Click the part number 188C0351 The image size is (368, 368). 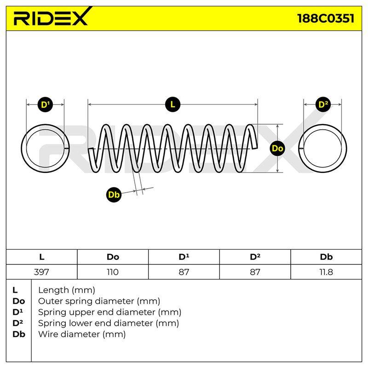326,18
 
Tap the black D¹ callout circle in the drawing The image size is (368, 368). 45,104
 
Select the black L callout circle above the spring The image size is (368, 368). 173,104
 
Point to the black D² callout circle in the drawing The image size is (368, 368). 323,104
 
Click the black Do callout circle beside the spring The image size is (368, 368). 277,148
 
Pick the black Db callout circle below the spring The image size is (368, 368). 114,195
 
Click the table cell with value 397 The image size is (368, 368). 42,272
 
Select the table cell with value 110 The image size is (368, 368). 113,272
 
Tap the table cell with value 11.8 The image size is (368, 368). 326,272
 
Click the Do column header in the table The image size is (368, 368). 113,257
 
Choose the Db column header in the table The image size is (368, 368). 326,257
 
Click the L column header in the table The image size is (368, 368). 42,257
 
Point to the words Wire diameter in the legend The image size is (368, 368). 69,334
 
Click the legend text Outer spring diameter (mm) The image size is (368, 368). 99,301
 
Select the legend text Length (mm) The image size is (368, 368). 67,290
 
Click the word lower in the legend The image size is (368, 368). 101,323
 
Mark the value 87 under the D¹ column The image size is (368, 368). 184,272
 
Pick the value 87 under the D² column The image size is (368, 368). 255,272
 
